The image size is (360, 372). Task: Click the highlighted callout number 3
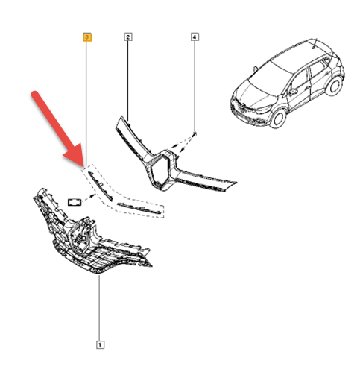87,37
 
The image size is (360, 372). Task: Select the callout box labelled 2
128,37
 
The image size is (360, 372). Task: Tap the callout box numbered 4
195,37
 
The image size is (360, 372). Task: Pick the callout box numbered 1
100,344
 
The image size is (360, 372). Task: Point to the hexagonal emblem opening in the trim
160,171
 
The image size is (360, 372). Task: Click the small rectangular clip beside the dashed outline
75,202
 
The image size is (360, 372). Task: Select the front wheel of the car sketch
277,118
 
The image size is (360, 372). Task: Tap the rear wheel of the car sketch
334,85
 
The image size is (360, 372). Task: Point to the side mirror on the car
293,92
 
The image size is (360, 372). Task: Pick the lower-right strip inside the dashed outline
139,208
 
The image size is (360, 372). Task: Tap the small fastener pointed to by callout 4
195,133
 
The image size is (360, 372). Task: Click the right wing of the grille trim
206,179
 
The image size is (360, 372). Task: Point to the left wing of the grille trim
134,139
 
